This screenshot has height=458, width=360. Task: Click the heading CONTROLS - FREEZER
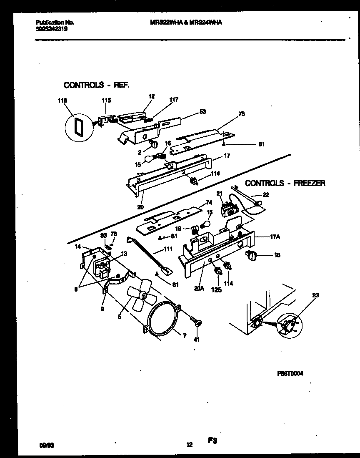[x=285, y=183]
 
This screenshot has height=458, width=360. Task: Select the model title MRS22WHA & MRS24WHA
[x=185, y=23]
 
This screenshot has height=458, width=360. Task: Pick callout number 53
[x=202, y=112]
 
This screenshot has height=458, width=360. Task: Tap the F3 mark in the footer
[x=213, y=440]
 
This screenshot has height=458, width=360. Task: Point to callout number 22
[x=266, y=194]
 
